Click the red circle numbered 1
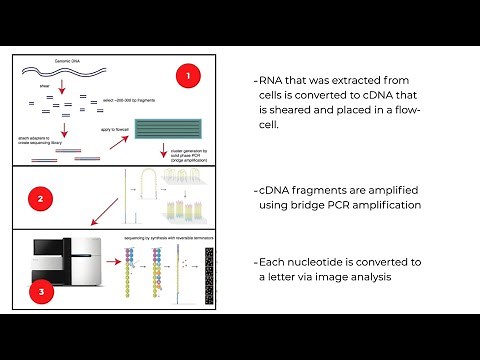tap(189, 76)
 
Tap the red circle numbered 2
tap(40, 199)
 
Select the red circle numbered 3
tap(40, 293)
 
